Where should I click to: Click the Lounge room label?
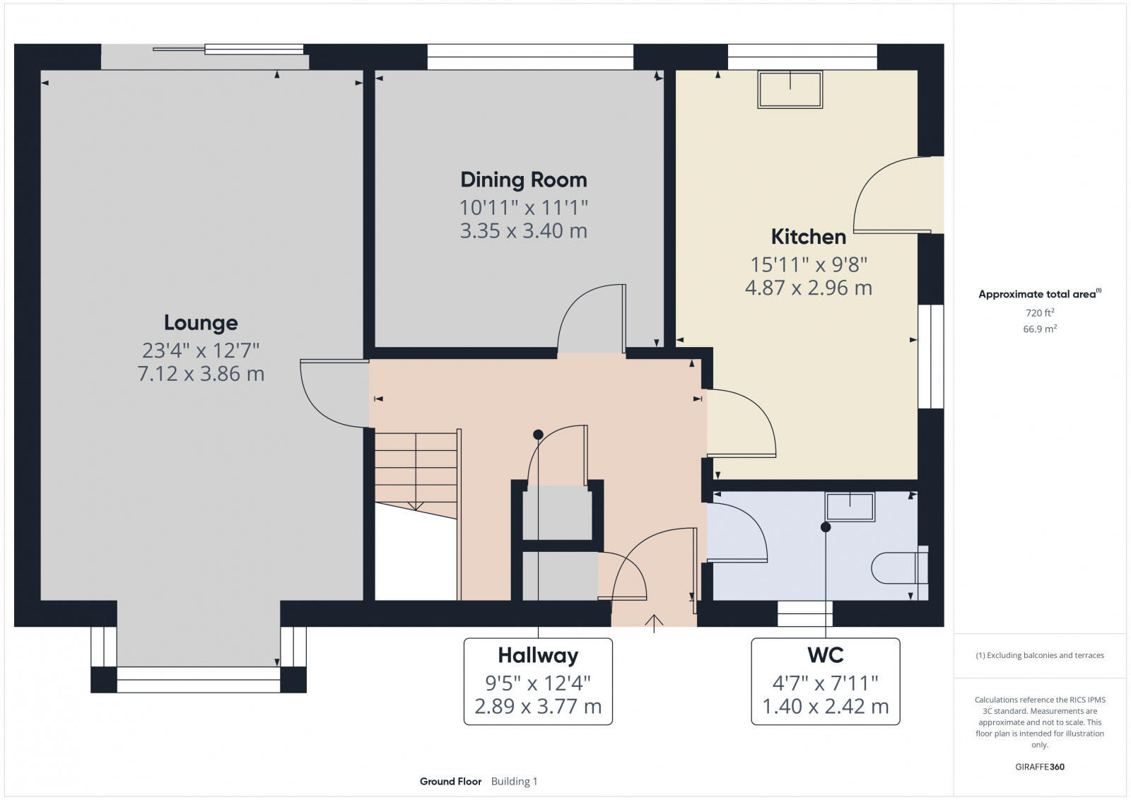click(x=201, y=323)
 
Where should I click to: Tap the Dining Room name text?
click(x=523, y=180)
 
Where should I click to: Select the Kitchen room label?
click(x=808, y=236)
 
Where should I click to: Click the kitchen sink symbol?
click(x=790, y=89)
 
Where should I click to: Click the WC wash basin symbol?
click(x=850, y=507)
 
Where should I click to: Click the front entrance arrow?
click(x=654, y=623)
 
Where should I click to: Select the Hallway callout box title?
click(x=538, y=656)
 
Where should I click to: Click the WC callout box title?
click(x=825, y=655)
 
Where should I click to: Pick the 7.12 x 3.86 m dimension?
click(x=201, y=374)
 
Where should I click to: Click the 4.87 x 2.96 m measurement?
click(x=808, y=288)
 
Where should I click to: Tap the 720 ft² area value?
click(x=1039, y=312)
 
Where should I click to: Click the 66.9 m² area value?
click(x=1039, y=329)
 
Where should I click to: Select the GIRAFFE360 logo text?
click(x=1039, y=767)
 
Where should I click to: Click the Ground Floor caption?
click(x=450, y=781)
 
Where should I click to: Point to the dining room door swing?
click(x=590, y=318)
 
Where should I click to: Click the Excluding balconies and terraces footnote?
click(x=1039, y=655)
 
